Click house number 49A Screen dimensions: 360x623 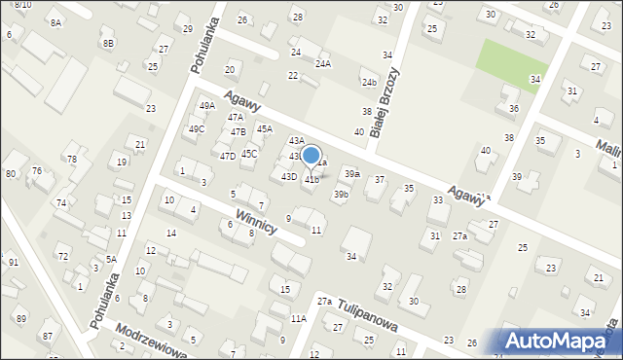tap(206, 106)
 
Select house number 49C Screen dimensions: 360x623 tap(197, 129)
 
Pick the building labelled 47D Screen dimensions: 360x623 tap(227, 156)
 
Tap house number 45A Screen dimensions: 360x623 tap(264, 128)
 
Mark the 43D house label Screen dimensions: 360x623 tap(289, 176)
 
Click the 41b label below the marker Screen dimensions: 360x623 tap(311, 179)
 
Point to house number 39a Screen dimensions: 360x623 tap(351, 173)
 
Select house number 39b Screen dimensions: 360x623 tap(341, 195)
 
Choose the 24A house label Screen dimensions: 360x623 tap(323, 64)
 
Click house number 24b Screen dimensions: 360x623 tap(369, 83)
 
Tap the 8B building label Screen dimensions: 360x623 tap(109, 43)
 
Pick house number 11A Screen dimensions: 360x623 tap(298, 318)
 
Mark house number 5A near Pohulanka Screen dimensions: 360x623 tap(111, 259)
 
